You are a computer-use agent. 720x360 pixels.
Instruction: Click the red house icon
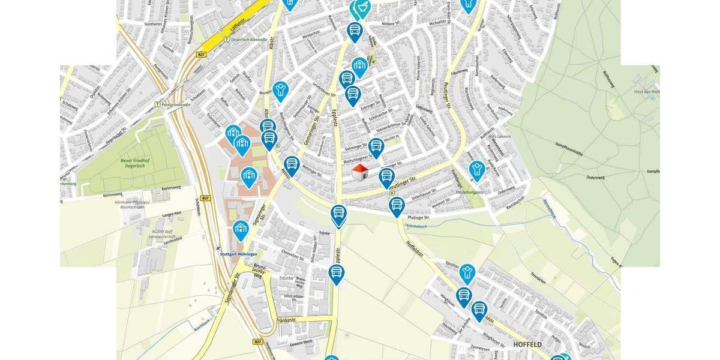[360, 173]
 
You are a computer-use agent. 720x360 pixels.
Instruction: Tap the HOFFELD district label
[527, 344]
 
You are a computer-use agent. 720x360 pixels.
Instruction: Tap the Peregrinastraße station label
[175, 104]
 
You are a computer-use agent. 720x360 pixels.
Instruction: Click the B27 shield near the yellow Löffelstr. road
[202, 55]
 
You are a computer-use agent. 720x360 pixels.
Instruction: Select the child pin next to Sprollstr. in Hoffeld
[467, 272]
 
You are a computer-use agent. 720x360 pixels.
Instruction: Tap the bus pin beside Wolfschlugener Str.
[376, 146]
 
